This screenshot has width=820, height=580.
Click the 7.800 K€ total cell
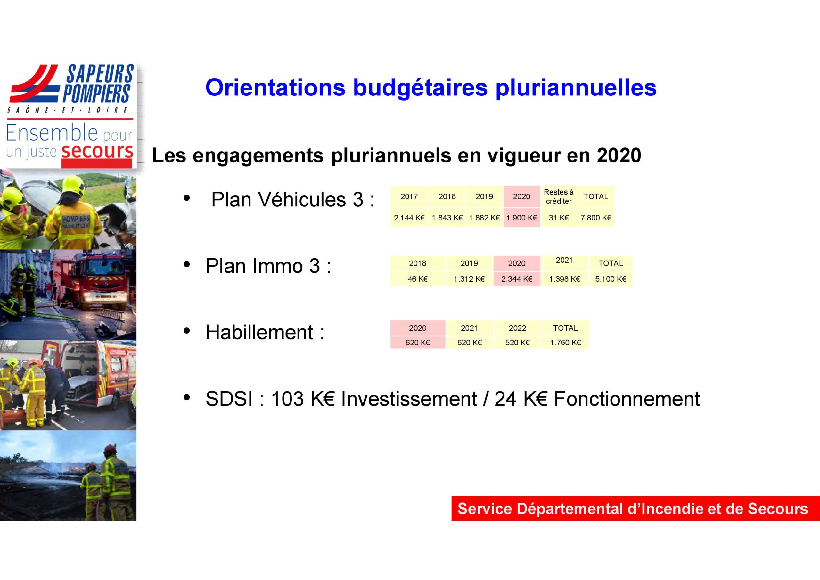point(596,218)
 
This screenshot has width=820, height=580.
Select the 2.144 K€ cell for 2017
point(409,218)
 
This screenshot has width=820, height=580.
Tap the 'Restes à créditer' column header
point(559,196)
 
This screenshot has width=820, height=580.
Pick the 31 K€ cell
point(559,218)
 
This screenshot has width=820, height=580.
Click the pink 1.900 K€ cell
point(521,218)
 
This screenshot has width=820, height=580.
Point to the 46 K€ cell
point(417,279)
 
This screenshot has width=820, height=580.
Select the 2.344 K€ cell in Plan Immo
point(517,279)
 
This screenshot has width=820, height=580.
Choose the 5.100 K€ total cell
point(611,279)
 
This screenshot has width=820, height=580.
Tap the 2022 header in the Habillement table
point(518,328)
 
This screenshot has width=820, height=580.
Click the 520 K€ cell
point(518,343)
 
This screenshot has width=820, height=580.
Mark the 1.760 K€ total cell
point(565,343)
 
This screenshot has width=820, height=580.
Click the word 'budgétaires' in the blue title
point(420,88)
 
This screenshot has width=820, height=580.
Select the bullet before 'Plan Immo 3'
point(186,265)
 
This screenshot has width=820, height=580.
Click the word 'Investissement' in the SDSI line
point(409,399)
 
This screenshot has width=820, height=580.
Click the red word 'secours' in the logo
point(97,151)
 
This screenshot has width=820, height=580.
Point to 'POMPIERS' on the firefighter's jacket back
point(76,219)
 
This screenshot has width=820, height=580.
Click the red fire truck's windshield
point(106,269)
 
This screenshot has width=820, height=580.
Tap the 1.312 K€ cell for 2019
point(469,279)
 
